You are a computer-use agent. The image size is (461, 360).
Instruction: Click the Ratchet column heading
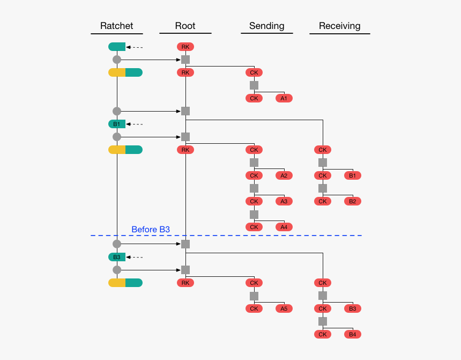116,26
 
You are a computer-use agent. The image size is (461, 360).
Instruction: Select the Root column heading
185,26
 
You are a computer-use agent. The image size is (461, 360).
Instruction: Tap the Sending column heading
266,26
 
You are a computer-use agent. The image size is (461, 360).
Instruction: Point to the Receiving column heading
339,26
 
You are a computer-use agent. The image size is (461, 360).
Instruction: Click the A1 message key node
284,98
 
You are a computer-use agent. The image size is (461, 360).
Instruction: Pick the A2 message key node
284,175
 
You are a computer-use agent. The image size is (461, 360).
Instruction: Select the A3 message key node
284,201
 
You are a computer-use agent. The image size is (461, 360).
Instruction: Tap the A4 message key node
284,227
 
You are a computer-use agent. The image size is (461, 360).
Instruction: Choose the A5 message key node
284,308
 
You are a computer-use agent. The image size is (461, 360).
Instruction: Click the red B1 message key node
353,175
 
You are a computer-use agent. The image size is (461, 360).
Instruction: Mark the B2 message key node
353,201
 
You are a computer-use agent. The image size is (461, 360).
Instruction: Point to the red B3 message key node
353,308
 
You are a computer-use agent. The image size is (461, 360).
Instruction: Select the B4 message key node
353,334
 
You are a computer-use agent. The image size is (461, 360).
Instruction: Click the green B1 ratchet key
117,124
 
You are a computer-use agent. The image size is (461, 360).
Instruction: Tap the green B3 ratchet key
117,257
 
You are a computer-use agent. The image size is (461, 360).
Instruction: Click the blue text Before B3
151,230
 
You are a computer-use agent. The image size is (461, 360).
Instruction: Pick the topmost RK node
185,47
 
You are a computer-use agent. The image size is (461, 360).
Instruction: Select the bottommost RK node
185,283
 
